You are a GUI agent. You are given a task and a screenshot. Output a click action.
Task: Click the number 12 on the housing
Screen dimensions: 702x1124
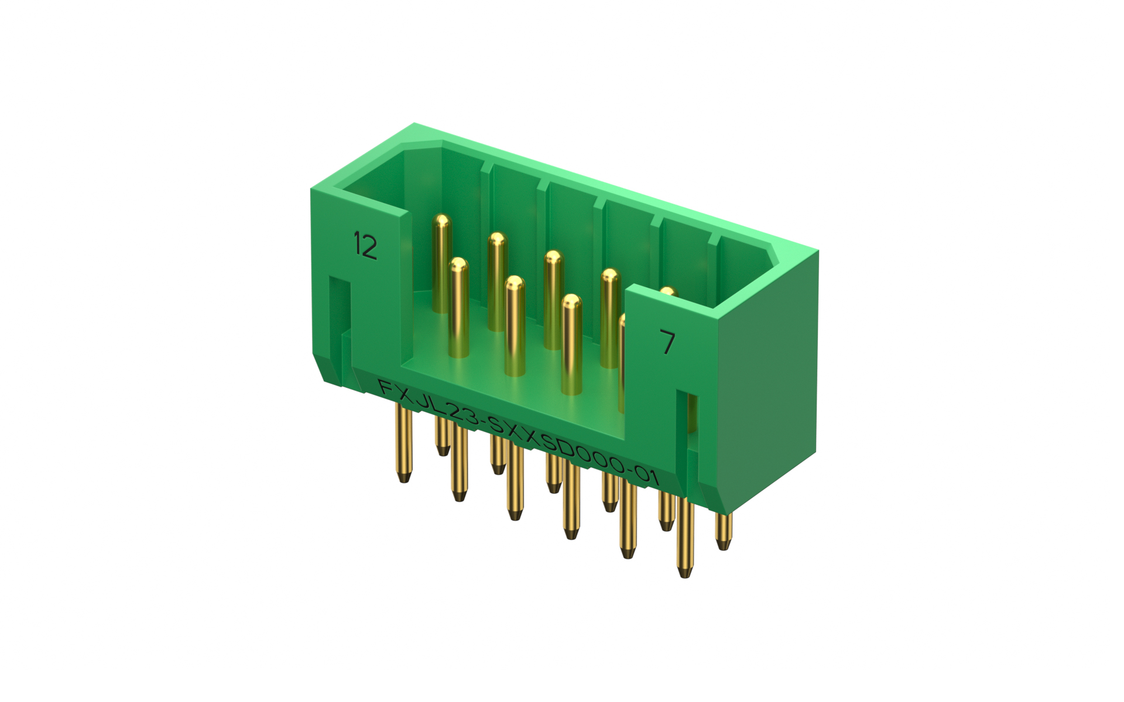pos(365,246)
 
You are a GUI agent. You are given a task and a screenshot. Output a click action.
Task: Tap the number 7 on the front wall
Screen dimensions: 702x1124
pos(667,342)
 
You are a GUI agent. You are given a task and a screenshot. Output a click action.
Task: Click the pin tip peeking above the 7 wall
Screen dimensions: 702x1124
pos(668,291)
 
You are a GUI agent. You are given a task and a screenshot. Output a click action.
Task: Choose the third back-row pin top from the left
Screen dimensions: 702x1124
pos(553,258)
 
